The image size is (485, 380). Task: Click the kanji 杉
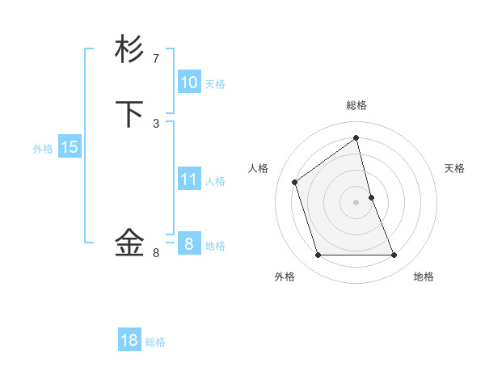[x=130, y=49]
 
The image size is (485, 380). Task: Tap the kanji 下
[x=130, y=115]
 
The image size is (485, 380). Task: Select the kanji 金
[x=130, y=242]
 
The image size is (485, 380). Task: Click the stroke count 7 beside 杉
[x=156, y=59]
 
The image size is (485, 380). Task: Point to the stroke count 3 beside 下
[x=156, y=123]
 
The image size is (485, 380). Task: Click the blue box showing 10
[x=188, y=82]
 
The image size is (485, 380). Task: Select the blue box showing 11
[x=188, y=179]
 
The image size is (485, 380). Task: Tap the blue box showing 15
[x=70, y=147]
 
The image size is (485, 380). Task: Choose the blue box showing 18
[x=129, y=340]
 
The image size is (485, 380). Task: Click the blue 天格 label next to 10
[x=215, y=84]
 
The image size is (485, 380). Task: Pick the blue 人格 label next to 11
[x=215, y=181]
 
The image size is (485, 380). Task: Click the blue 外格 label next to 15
[x=43, y=149]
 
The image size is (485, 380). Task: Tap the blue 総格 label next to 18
[x=155, y=342]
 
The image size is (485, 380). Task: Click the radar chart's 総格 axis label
[x=356, y=105]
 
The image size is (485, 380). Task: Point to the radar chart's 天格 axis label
[x=455, y=168]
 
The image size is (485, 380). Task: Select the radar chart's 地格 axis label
[x=424, y=277]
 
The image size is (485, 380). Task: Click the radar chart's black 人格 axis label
[x=259, y=168]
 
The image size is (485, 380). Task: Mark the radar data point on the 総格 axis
[x=356, y=138]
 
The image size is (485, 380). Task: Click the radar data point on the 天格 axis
[x=372, y=196]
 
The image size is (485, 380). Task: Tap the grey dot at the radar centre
[x=356, y=201]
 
